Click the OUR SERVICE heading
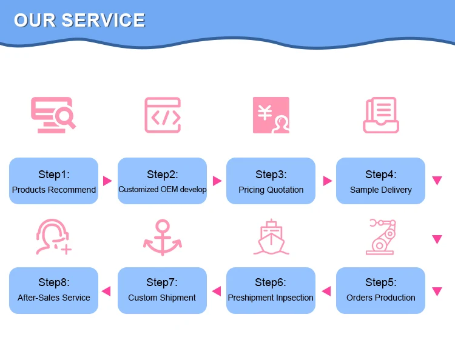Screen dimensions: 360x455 [x=79, y=20]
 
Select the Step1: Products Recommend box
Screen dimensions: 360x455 [x=53, y=181]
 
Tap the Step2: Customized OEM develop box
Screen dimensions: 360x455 [x=162, y=181]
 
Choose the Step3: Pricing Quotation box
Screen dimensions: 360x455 [x=271, y=181]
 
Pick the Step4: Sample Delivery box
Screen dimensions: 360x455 [x=380, y=181]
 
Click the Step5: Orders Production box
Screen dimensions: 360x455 [x=380, y=290]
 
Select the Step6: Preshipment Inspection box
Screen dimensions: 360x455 [x=271, y=290]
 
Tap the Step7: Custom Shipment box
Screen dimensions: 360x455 [x=162, y=290]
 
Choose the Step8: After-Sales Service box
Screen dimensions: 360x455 [x=53, y=290]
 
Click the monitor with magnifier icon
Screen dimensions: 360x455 [x=53, y=115]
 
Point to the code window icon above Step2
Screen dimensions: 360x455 [x=162, y=115]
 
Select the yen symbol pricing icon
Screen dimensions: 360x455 [x=271, y=115]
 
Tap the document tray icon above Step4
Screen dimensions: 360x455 [x=380, y=115]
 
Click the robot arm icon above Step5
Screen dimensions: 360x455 [x=381, y=236]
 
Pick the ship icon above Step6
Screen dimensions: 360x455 [x=271, y=237]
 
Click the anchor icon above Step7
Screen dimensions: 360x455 [x=162, y=237]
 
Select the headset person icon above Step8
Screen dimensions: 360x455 [x=52, y=237]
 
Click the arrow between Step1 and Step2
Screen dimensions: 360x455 [x=107, y=181]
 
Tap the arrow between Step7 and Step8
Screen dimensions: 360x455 [x=106, y=291]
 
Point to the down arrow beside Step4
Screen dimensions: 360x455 [x=437, y=181]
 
